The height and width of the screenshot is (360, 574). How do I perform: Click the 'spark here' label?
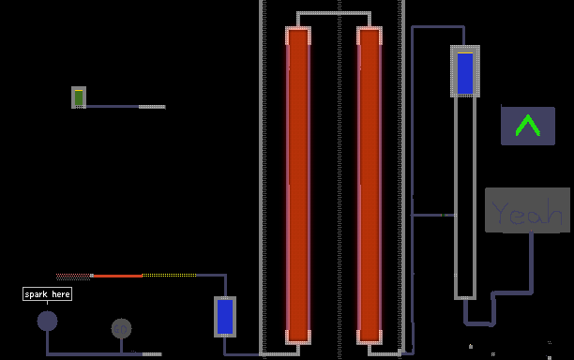click(47, 294)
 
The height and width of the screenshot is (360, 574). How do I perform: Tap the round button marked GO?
click(121, 328)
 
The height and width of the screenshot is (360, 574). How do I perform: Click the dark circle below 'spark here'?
click(47, 321)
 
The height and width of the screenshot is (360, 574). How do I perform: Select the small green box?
click(79, 97)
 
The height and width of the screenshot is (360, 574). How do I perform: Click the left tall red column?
click(298, 186)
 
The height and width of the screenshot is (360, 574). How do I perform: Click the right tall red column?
click(370, 186)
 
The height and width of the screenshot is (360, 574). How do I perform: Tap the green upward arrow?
click(527, 126)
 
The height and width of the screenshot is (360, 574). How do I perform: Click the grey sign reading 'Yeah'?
click(527, 210)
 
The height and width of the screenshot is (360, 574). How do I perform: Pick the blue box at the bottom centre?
click(225, 317)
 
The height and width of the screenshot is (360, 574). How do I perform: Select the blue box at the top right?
click(465, 71)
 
